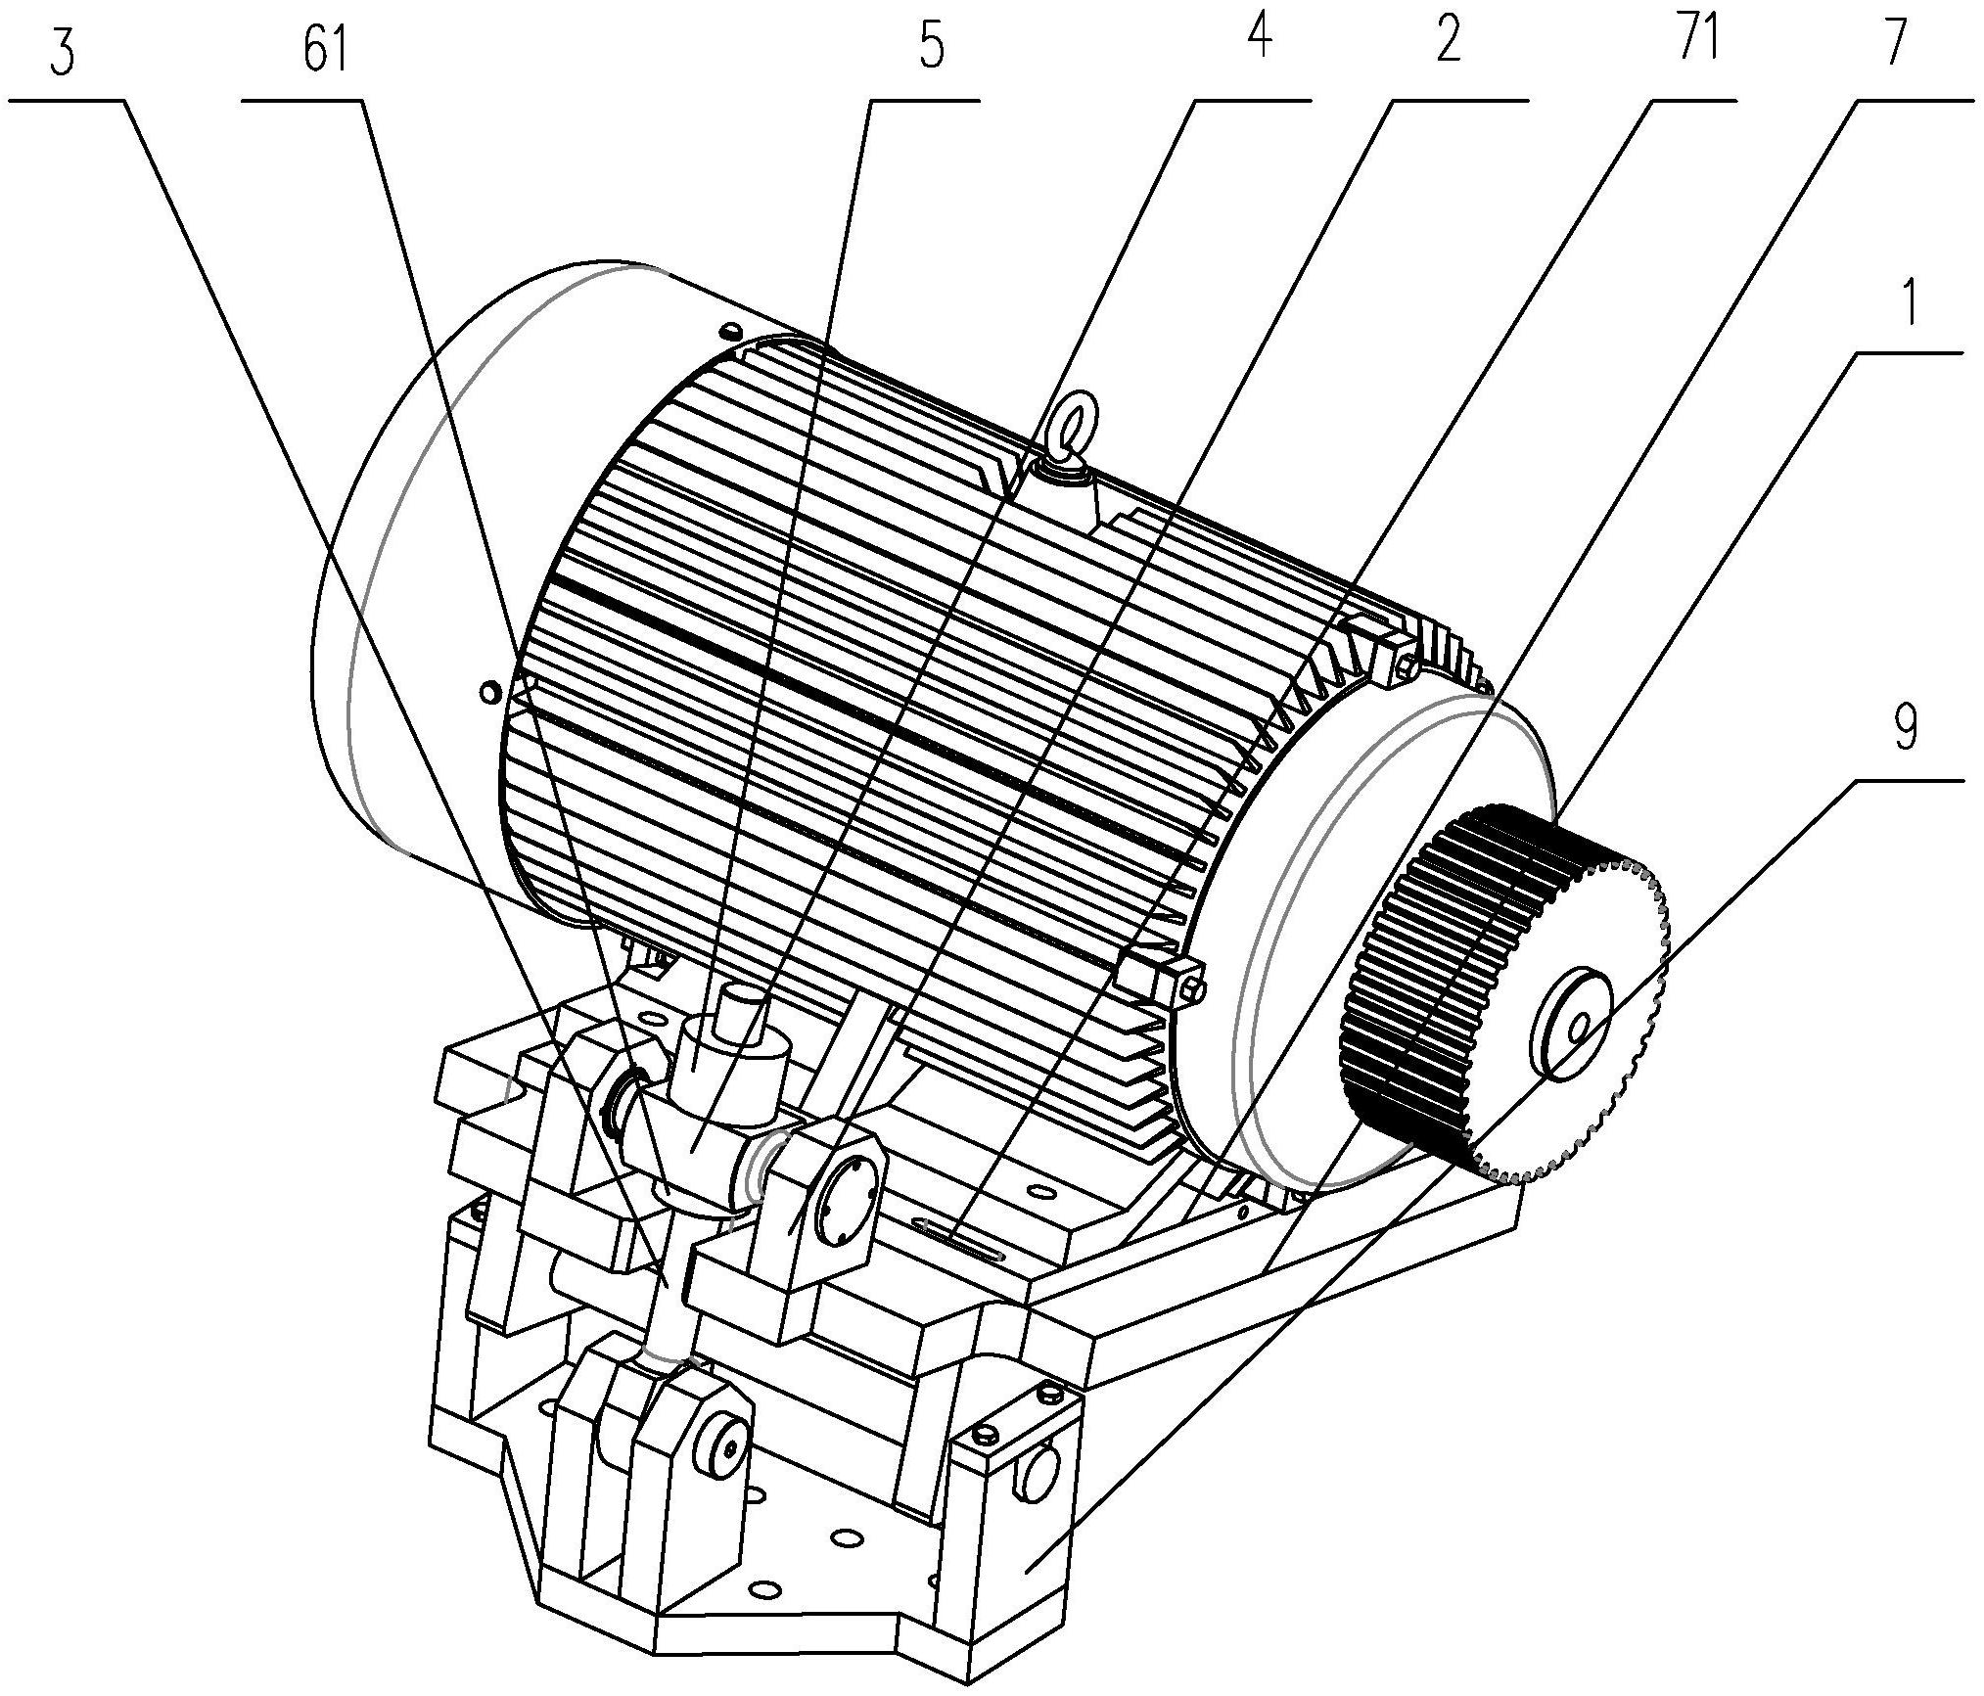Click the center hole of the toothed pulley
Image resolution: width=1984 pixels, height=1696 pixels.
coord(1579,1030)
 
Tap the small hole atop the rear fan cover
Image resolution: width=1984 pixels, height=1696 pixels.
coord(731,329)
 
